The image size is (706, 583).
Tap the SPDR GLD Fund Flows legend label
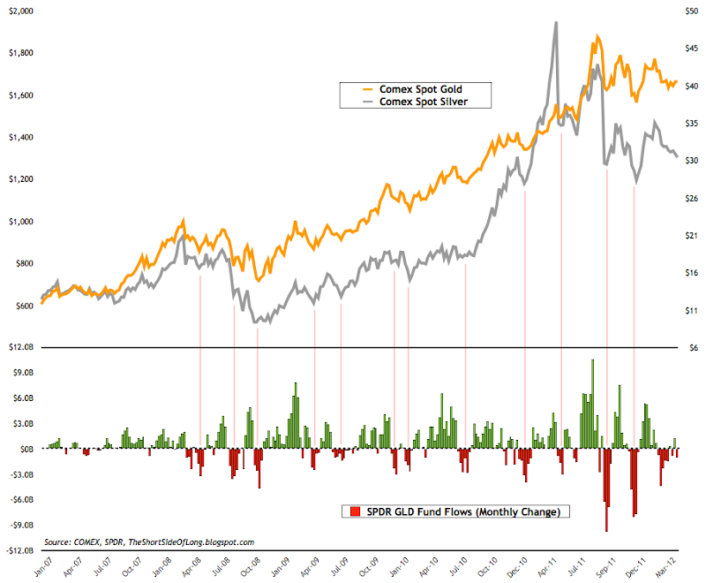click(454, 511)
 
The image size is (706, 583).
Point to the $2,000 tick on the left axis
click(20, 11)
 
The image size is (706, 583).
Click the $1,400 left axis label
click(20, 137)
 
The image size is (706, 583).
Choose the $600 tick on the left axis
click(24, 306)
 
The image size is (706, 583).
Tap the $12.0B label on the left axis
click(20, 347)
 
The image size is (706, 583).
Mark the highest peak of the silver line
click(555, 23)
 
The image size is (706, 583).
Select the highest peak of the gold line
click(597, 37)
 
